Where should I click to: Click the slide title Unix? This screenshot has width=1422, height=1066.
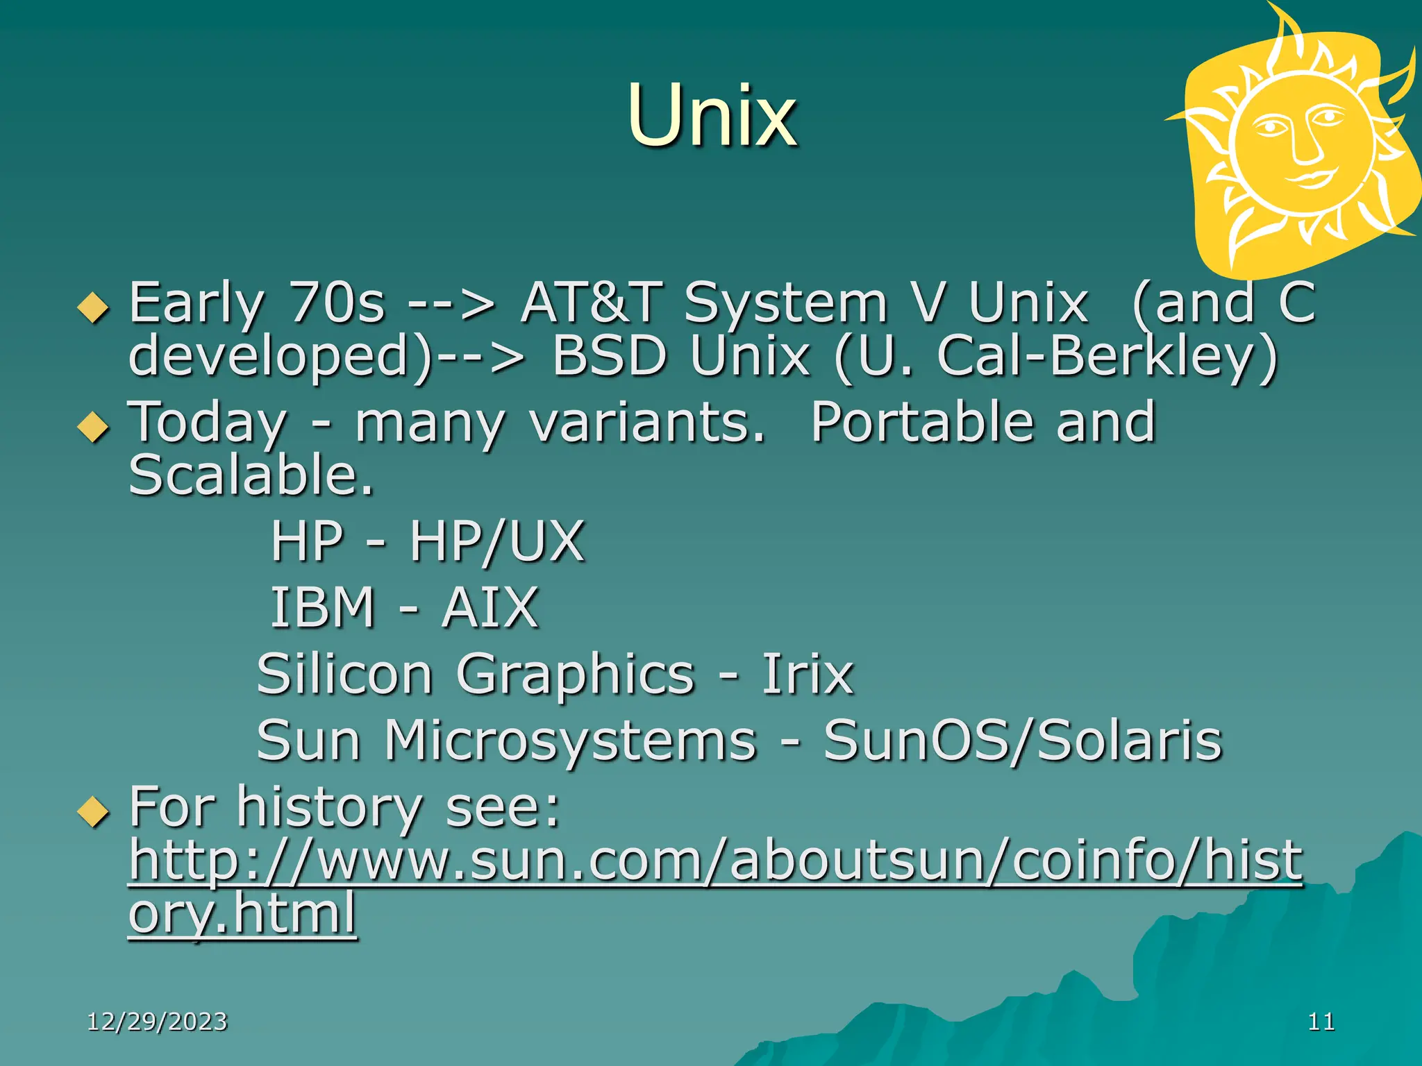[x=712, y=117]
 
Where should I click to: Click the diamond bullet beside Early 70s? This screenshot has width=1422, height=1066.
[x=94, y=307]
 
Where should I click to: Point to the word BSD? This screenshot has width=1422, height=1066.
[x=609, y=356]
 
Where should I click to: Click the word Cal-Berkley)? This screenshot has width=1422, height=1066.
[x=1107, y=356]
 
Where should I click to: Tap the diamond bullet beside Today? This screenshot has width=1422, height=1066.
[x=94, y=426]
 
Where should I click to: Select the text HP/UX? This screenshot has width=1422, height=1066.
[x=496, y=541]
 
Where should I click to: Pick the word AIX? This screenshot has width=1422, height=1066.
[x=490, y=608]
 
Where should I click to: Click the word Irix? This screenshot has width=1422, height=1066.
[x=808, y=674]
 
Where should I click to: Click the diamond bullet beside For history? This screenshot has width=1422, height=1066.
[x=94, y=811]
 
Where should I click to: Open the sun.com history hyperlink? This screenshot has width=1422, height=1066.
[x=715, y=861]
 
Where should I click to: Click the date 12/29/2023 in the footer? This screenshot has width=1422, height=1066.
[x=158, y=1022]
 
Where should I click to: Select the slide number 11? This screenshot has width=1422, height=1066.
[x=1321, y=1022]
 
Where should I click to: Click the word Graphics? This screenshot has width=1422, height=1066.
[x=576, y=674]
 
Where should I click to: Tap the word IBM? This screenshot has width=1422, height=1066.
[x=323, y=608]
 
